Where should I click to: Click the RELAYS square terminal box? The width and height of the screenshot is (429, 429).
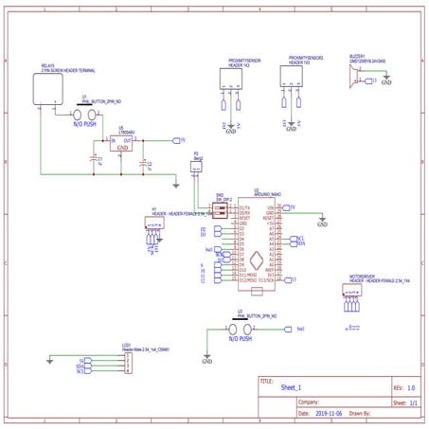(46, 89)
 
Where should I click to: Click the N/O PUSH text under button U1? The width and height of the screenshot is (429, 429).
(83, 124)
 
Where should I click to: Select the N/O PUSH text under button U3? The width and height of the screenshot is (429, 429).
(240, 338)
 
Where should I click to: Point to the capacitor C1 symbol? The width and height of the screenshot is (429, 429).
(95, 161)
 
